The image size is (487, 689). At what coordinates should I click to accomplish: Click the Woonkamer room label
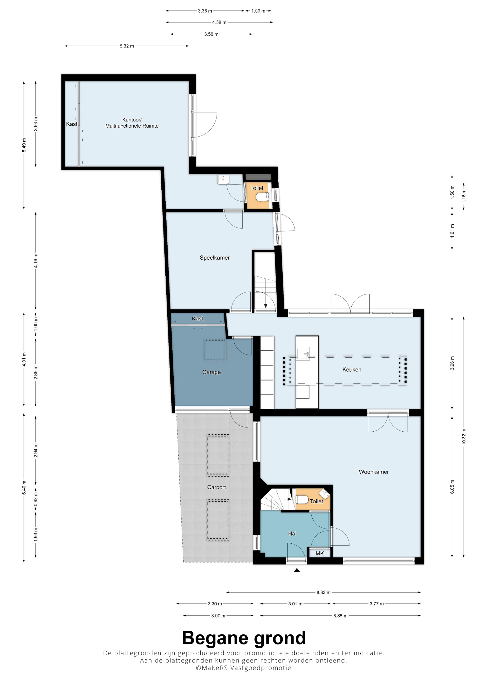click(374, 472)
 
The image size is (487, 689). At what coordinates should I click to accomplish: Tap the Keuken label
click(352, 369)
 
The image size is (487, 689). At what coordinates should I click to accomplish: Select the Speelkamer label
click(215, 258)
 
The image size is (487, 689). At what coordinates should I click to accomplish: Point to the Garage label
click(211, 372)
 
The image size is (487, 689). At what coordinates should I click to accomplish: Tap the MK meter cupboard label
click(319, 553)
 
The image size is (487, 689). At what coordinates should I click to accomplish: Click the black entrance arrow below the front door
click(297, 570)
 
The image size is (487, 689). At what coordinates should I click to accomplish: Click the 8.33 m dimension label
click(323, 592)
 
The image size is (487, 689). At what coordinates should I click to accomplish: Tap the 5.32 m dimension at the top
click(127, 46)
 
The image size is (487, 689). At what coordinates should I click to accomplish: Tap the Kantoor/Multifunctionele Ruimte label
click(132, 123)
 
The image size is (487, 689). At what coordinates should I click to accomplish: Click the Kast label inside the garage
click(197, 318)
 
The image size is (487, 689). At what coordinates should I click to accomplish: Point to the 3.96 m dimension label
click(452, 363)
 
